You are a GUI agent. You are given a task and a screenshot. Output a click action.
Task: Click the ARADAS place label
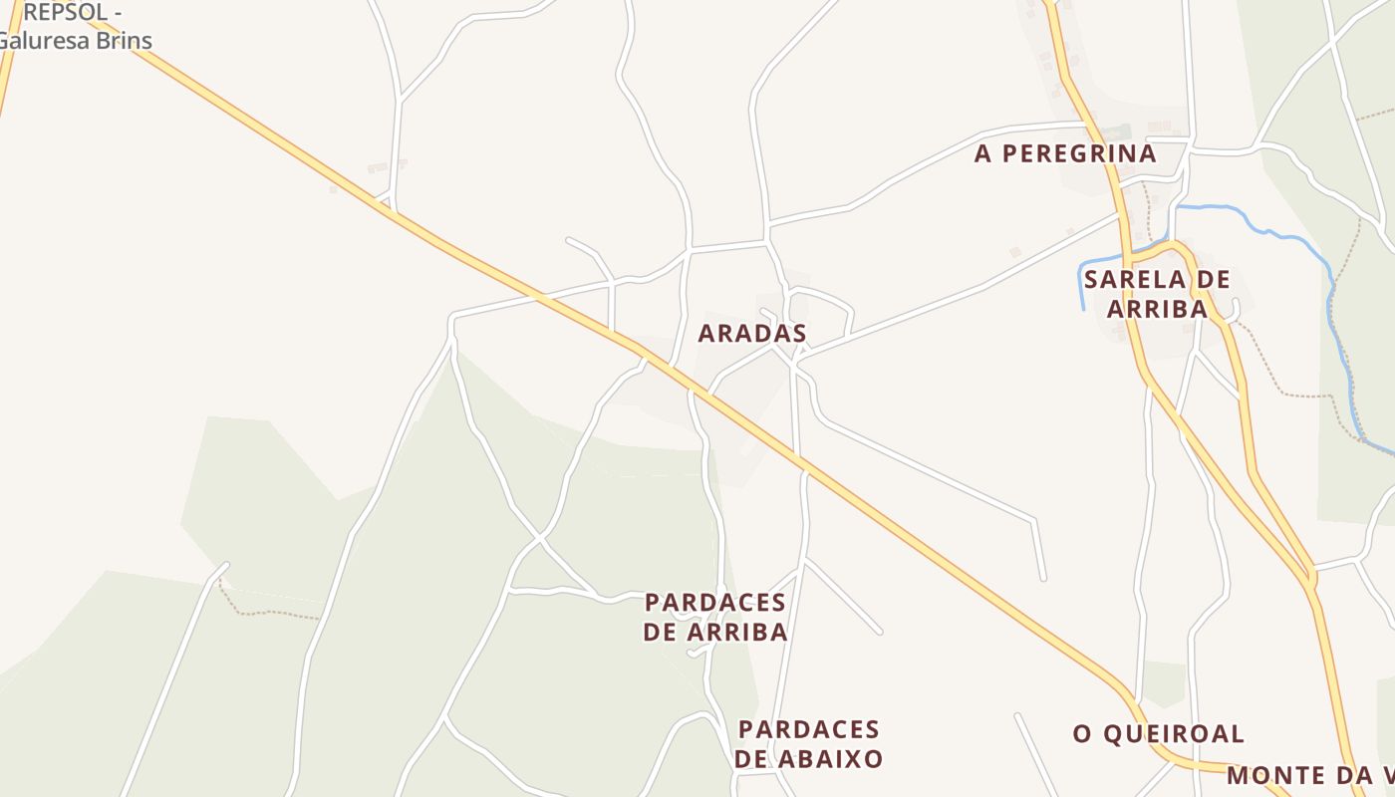tap(752, 334)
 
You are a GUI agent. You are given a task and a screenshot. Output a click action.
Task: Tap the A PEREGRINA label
tap(1065, 153)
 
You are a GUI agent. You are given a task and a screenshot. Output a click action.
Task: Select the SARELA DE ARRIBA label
tap(1157, 294)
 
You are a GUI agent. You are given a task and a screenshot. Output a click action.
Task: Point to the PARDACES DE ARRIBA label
tap(715, 618)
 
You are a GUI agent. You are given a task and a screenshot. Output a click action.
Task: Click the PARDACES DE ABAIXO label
tap(809, 744)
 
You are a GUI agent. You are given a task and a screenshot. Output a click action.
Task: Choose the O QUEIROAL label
tap(1158, 734)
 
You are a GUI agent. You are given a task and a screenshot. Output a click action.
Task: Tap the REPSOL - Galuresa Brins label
tap(75, 27)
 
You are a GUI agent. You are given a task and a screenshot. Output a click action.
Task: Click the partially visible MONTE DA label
tap(1309, 775)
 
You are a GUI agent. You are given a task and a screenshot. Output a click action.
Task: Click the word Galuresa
tap(45, 41)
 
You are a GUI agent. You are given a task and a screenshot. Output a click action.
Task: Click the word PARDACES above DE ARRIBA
tap(715, 603)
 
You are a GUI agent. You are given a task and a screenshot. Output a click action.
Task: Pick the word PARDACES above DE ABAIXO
tap(809, 729)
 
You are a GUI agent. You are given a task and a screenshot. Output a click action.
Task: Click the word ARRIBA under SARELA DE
tap(1158, 309)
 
